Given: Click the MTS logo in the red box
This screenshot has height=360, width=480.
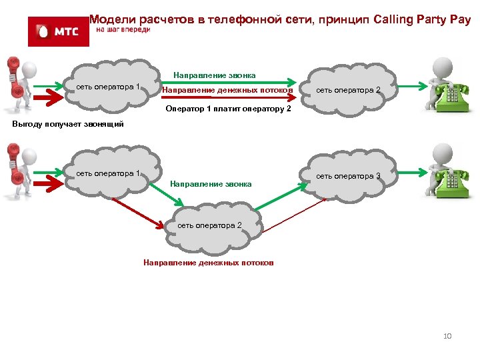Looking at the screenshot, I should [x=58, y=31].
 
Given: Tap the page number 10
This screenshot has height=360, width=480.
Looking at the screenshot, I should [x=447, y=336].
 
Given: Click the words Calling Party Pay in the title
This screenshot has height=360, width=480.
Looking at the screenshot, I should [x=423, y=19].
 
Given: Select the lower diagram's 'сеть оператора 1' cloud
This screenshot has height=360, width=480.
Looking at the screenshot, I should [x=107, y=174].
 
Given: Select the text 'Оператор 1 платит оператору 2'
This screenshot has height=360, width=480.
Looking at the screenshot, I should [x=228, y=108].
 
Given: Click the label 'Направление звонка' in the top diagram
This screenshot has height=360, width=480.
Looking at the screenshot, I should [x=214, y=75].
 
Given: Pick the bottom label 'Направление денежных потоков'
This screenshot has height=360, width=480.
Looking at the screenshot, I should [x=209, y=263].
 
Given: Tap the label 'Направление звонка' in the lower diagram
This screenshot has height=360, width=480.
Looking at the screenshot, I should [x=211, y=183].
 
